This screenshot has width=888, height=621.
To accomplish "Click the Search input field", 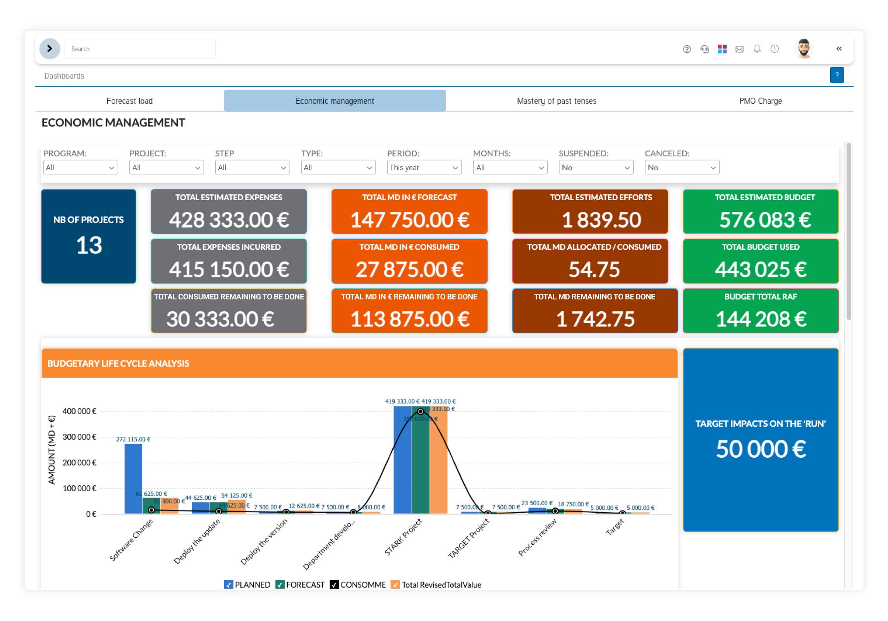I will [139, 49].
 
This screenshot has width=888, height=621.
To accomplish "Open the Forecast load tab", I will [129, 101].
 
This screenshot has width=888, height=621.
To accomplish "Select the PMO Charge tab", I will [760, 101].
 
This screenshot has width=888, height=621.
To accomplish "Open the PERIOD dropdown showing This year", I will [424, 168].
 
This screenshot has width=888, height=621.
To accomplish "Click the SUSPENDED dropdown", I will [596, 168].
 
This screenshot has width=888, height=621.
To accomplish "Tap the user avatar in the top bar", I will [804, 49].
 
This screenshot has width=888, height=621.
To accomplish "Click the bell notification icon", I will [757, 49].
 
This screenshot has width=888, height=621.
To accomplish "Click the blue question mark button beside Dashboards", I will [836, 75].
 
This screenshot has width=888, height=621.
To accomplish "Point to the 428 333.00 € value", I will [228, 220].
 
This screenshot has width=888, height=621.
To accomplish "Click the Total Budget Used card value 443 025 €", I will [760, 269].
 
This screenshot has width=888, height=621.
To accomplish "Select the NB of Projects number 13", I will [89, 245].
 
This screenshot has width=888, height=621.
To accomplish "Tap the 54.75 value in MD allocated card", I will [594, 269].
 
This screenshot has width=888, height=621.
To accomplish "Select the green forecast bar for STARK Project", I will [420, 465].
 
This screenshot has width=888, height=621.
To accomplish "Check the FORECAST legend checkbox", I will [280, 585].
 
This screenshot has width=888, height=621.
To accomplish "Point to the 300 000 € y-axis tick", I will [79, 437].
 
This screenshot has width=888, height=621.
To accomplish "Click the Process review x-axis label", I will [538, 537].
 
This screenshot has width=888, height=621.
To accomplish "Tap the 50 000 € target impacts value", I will [760, 449].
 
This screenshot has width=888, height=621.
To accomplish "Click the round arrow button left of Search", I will [50, 49].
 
